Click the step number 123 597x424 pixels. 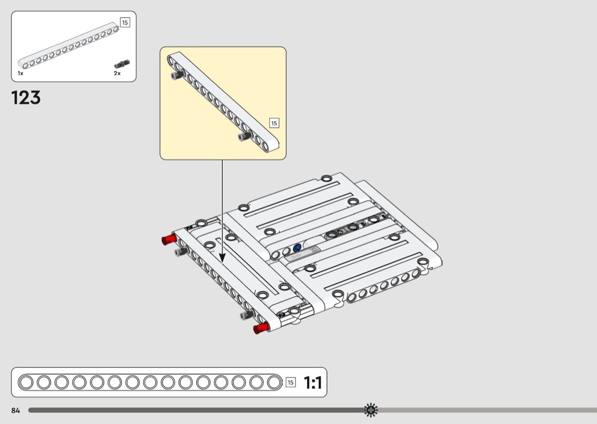tap(26, 98)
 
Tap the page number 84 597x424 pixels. tap(15, 410)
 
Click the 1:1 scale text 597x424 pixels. tap(313, 383)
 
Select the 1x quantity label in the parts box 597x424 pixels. tap(20, 73)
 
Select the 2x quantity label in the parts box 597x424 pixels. tap(117, 73)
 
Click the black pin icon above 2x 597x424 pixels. tap(122, 63)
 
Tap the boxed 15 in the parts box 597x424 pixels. tap(125, 23)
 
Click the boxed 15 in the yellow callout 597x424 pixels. tap(274, 123)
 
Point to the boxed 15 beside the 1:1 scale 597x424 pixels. tap(291, 383)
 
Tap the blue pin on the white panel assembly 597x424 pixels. tap(297, 248)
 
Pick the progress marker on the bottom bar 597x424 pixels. tap(371, 409)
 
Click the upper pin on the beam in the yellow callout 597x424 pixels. tap(175, 74)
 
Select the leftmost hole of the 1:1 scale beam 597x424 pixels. tap(26, 383)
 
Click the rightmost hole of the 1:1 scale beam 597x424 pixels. tap(274, 383)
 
